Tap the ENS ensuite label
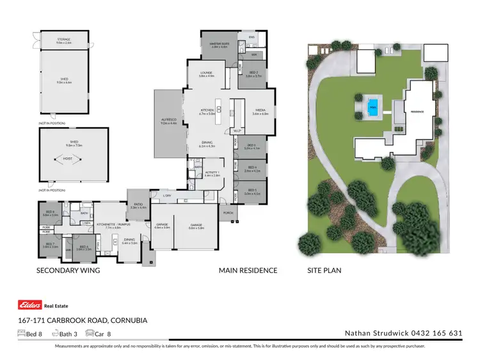point(252,37)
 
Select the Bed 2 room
point(253,74)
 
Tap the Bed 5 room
point(253,191)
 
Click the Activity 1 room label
point(212,173)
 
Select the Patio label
point(138,206)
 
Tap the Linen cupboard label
point(85,223)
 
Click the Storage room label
point(64,40)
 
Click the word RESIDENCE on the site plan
point(417,111)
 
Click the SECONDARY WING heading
point(68,270)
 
